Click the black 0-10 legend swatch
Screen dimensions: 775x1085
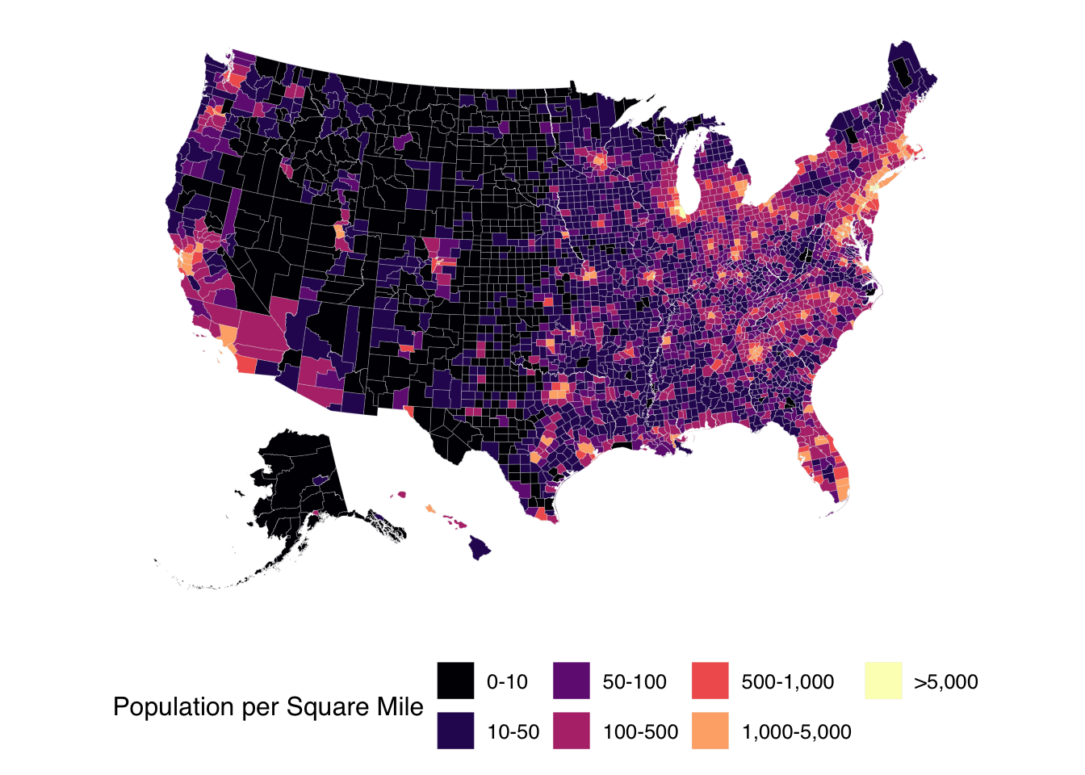455,681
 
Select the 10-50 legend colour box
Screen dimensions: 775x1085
455,731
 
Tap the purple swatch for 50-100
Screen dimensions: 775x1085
572,681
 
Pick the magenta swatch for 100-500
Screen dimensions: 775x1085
572,731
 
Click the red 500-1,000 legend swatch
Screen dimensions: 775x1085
710,681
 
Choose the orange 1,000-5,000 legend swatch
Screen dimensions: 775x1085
710,731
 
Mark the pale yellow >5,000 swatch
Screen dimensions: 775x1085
883,681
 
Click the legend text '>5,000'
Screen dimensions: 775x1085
945,682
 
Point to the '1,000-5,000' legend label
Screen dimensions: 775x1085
796,732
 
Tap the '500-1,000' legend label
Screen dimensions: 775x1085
787,682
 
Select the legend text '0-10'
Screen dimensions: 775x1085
507,682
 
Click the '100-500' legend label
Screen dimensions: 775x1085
640,732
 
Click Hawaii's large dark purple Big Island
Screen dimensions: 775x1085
480,548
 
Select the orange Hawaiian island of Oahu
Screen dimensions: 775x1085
430,509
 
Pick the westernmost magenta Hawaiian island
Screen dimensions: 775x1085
400,495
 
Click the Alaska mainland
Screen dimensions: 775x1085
299,476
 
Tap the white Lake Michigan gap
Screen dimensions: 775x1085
686,174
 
